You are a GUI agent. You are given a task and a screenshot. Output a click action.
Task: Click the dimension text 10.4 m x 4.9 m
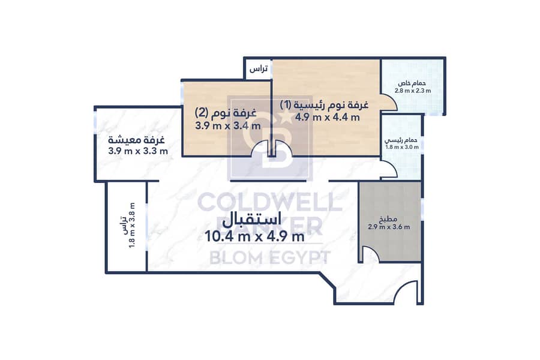254,236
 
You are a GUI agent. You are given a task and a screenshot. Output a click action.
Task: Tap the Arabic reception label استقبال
251,220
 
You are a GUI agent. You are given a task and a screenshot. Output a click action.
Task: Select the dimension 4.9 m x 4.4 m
327,117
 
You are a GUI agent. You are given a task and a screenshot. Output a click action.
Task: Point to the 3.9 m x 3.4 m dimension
228,126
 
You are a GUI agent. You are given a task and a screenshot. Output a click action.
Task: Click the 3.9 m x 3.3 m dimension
138,151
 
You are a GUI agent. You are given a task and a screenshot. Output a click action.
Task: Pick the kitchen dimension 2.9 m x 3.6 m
389,227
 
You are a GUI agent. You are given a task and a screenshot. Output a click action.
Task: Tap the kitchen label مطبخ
389,219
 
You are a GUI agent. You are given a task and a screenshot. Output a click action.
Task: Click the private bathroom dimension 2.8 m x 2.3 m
413,91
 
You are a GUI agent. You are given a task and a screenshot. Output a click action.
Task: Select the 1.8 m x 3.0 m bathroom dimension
402,147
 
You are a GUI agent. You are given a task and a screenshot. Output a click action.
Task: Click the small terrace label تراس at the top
258,69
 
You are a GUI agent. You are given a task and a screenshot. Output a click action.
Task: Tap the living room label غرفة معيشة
136,140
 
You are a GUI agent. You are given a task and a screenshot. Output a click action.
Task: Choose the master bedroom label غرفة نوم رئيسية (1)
324,104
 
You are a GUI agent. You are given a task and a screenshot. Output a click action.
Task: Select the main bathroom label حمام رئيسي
401,140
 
